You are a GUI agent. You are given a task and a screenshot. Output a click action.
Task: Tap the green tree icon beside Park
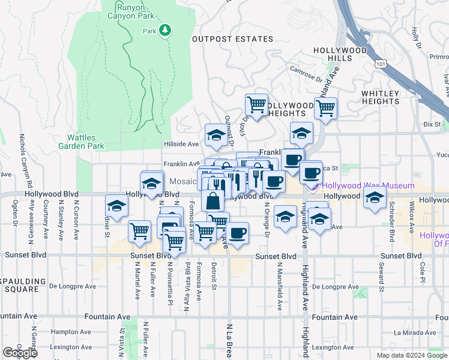click(164, 30)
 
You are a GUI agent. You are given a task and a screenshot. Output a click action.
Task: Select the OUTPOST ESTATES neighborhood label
click(232, 39)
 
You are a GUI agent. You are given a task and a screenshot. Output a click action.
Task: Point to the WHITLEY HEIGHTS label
click(381, 97)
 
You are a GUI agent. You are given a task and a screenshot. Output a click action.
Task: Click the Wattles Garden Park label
click(81, 142)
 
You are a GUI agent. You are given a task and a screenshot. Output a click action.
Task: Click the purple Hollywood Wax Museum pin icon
click(314, 186)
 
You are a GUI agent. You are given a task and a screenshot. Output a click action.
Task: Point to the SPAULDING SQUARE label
click(22, 285)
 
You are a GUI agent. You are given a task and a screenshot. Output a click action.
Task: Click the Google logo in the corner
click(20, 353)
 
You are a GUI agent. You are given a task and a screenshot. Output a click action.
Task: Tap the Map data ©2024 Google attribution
click(412, 355)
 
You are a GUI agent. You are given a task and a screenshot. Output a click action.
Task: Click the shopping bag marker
click(214, 200)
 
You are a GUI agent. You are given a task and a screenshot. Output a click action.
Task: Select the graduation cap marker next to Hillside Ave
click(215, 136)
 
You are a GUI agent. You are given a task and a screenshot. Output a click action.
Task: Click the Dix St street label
click(432, 124)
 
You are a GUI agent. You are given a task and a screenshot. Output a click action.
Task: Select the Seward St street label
click(381, 282)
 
